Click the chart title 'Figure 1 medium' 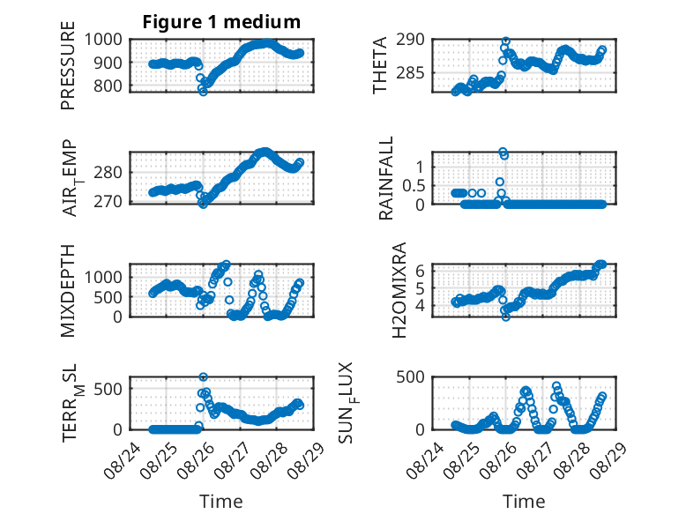point(221,22)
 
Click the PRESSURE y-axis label point(68,65)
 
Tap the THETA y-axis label point(380,65)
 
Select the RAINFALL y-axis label point(386,178)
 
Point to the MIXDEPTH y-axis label point(68,291)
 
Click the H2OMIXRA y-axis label point(399,290)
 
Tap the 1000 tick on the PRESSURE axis point(103,40)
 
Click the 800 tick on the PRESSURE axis point(108,86)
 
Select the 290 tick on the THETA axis point(410,40)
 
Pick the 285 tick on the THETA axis point(410,72)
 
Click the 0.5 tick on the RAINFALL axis point(414,185)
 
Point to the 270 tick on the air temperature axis point(108,201)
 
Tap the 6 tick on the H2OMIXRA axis point(420,271)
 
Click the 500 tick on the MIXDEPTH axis point(108,297)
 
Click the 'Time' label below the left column point(221,501)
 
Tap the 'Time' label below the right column point(524,501)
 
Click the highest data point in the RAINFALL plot point(503,152)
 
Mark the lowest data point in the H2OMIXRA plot point(506,317)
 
